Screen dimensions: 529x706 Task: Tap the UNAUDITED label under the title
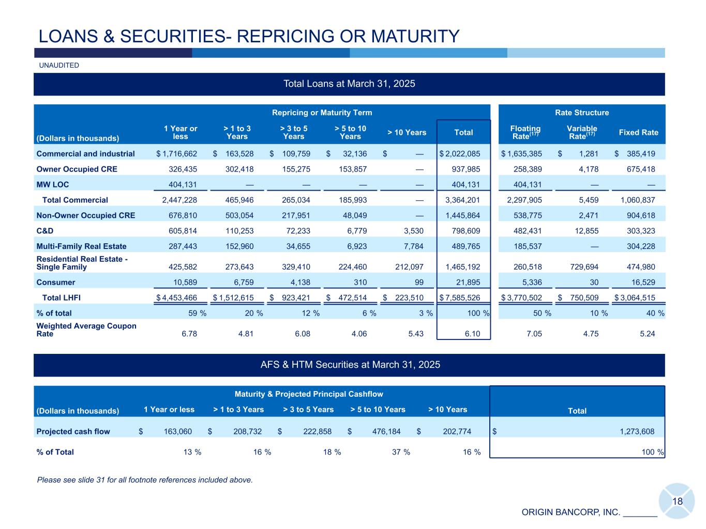[59, 66]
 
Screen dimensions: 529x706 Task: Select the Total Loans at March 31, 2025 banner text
[349, 84]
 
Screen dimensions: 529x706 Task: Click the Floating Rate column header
[525, 132]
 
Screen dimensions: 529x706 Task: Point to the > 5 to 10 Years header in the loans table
[350, 132]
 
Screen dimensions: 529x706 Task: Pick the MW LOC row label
[52, 184]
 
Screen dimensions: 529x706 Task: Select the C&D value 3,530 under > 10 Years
[413, 231]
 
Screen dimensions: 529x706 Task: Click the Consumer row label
[56, 283]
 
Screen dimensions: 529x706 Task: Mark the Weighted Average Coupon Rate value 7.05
[534, 334]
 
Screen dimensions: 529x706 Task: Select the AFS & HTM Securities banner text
[350, 365]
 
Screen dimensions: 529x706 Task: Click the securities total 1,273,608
[637, 432]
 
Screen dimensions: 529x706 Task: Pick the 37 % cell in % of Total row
[401, 453]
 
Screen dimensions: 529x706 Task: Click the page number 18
[678, 501]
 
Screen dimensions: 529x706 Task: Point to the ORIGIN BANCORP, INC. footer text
[570, 512]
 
